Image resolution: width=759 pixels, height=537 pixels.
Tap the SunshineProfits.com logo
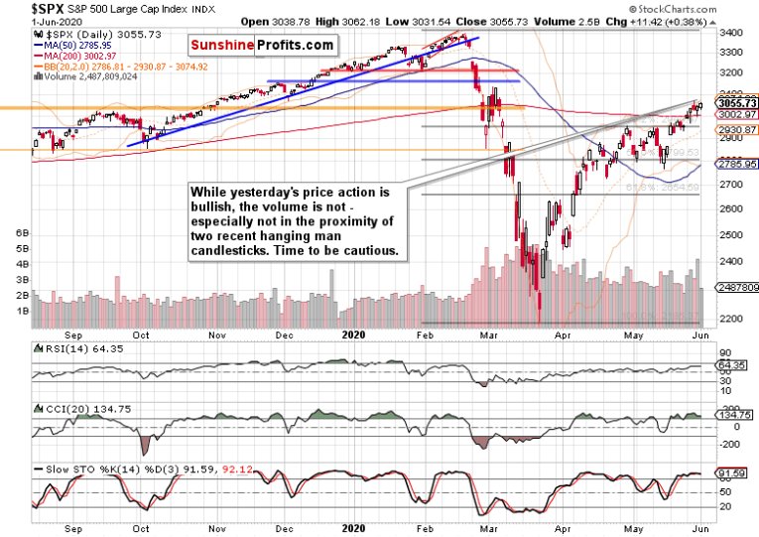(262, 46)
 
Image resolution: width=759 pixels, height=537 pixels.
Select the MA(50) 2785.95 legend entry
(76, 45)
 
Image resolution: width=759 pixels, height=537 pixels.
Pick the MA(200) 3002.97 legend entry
(80, 56)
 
